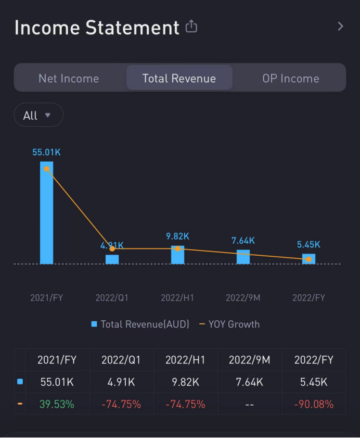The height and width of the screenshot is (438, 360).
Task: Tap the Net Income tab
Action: point(69,79)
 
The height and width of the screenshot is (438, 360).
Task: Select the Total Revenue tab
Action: point(179,79)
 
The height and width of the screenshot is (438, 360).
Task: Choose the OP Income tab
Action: point(290,79)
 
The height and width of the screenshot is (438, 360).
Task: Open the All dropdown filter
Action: point(38,115)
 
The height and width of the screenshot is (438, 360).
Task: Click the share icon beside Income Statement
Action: point(191,27)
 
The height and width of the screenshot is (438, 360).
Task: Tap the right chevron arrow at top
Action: point(340,27)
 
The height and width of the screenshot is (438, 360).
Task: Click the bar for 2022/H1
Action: point(178,255)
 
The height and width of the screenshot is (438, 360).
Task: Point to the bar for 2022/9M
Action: point(243,257)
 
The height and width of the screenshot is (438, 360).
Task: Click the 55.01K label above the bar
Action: point(47,153)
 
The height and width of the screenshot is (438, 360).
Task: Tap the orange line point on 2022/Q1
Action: point(112,249)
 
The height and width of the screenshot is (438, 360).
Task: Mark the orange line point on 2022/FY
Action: point(308,259)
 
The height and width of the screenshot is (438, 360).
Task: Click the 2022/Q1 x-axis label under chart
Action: point(112,298)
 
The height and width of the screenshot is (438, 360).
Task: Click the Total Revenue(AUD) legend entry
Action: point(140,324)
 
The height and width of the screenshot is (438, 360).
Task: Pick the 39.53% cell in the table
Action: point(57,404)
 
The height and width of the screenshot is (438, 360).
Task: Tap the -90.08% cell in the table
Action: point(313,404)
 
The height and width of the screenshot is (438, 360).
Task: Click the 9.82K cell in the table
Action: point(185,382)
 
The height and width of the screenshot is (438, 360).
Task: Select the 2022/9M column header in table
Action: point(249,360)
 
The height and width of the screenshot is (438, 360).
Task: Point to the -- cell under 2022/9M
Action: point(249,404)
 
